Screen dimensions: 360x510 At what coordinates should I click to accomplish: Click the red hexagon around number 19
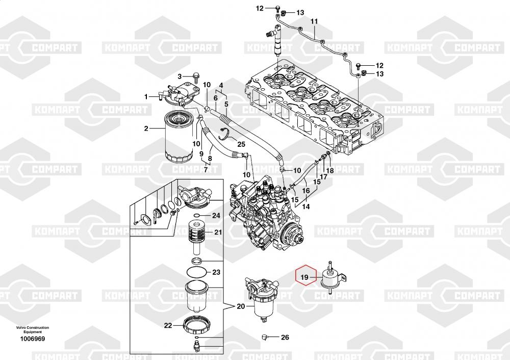tap(305, 277)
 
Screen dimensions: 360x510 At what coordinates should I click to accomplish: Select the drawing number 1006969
tap(33, 339)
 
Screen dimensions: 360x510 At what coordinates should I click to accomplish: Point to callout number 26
tap(285, 337)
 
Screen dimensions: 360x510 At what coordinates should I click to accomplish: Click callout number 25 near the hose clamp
tap(241, 144)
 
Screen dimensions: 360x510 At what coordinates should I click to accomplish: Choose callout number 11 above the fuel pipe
tap(314, 21)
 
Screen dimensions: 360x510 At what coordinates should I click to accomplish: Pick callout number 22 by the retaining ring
tap(168, 326)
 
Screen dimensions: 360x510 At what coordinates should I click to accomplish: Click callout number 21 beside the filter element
tap(218, 233)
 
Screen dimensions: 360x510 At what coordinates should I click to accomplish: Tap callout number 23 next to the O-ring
tap(216, 272)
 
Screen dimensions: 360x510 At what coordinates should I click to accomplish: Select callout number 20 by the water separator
tap(241, 306)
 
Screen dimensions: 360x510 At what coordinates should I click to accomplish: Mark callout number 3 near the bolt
tap(180, 76)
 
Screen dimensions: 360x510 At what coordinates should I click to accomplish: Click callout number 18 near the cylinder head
tap(330, 170)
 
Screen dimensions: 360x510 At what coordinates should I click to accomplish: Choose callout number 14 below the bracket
tap(305, 207)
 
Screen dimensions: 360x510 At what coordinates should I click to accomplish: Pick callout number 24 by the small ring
tap(216, 216)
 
